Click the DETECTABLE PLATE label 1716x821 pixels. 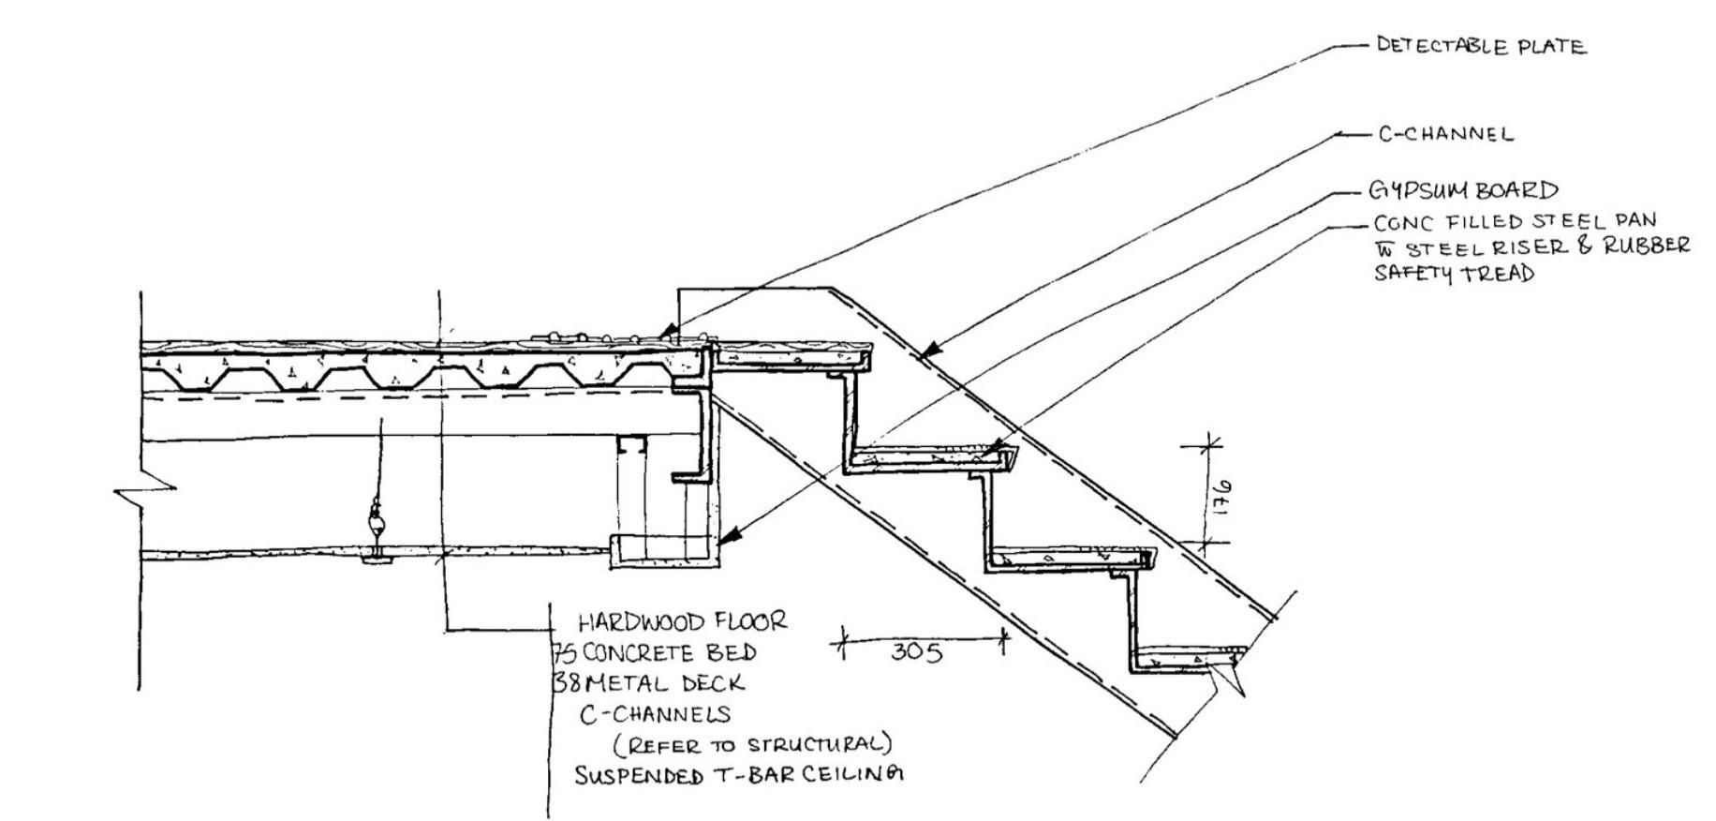[x=1481, y=46]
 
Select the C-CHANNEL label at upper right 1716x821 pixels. [x=1445, y=134]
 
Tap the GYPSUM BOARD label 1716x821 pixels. [x=1463, y=190]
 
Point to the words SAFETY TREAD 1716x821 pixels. [x=1454, y=274]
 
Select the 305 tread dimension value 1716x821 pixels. [x=916, y=651]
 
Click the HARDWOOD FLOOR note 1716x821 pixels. [x=682, y=621]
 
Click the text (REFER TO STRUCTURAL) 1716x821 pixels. [x=752, y=745]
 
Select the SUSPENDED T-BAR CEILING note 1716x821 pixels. [x=739, y=776]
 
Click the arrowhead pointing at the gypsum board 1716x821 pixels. [x=732, y=535]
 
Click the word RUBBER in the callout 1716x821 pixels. [x=1647, y=246]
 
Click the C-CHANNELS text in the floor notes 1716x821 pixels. [x=654, y=714]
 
